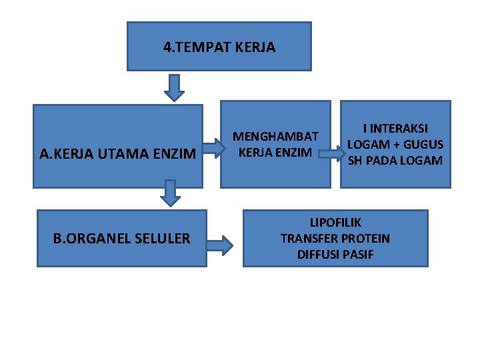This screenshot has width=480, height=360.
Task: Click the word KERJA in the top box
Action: click(254, 47)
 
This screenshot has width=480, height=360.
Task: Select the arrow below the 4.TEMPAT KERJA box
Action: click(174, 87)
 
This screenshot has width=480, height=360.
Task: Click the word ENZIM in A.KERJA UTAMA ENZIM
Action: click(177, 155)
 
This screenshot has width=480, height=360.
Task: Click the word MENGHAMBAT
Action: click(275, 137)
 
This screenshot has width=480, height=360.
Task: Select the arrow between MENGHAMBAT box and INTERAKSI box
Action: click(330, 153)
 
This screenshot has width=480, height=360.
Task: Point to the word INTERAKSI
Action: click(399, 129)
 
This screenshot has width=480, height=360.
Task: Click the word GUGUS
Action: click(425, 145)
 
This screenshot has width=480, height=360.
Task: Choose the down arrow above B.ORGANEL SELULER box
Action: click(171, 192)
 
